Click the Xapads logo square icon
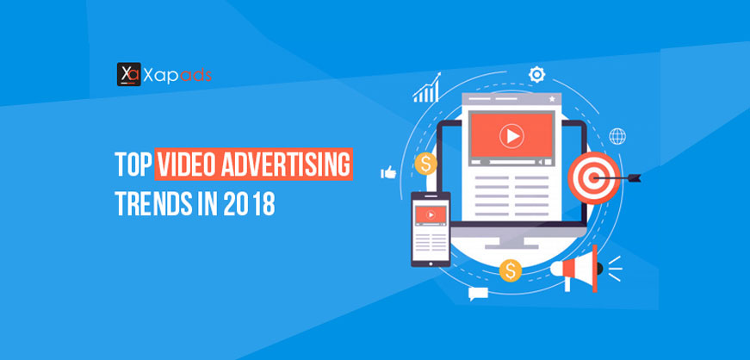click(128, 74)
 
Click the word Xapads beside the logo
click(177, 75)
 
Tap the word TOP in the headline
click(133, 164)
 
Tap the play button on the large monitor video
click(511, 137)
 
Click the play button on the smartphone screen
click(431, 215)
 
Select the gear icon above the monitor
click(536, 75)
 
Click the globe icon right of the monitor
click(617, 136)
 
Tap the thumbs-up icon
click(388, 172)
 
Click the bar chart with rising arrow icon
click(426, 88)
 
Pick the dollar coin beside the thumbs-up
click(425, 164)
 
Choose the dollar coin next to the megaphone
click(511, 271)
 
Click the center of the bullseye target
click(593, 178)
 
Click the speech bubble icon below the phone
click(478, 294)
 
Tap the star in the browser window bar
click(552, 99)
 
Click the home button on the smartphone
click(431, 263)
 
